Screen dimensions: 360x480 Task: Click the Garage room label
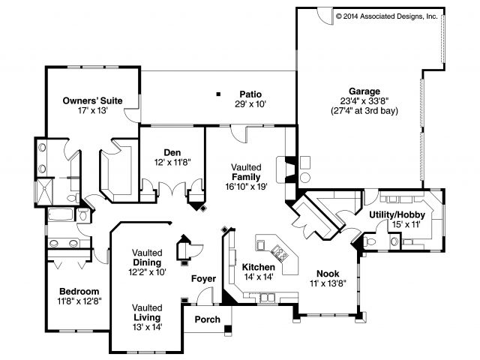coord(364,91)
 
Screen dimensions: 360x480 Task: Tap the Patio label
coord(250,94)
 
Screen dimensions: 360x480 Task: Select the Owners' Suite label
coord(92,100)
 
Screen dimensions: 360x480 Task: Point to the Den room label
coord(172,152)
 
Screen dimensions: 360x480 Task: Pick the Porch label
coord(208,319)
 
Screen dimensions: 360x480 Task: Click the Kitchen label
coord(258,267)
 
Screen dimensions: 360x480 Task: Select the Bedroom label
coord(80,291)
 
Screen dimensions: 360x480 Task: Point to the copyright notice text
coord(385,15)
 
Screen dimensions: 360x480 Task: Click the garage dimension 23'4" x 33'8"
coord(364,100)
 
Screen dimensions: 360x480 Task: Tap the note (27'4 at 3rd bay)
coord(364,110)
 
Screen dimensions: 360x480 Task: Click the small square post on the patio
coord(218,94)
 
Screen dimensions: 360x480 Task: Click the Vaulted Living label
coord(147,312)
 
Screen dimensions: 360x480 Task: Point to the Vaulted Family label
coord(246,171)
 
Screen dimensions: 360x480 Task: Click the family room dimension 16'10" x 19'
coord(246,186)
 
